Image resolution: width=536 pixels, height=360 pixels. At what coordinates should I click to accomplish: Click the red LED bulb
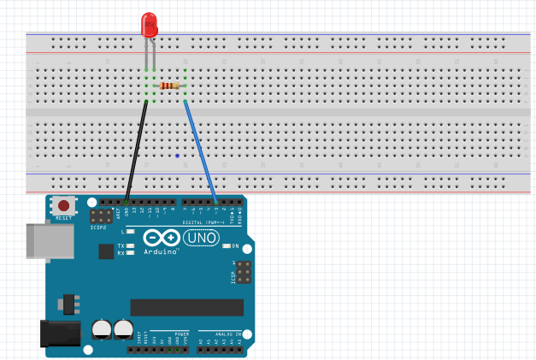(150, 24)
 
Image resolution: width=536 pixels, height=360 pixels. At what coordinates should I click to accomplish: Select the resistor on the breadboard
(170, 86)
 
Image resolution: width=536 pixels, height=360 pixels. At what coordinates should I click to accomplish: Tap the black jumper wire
(137, 150)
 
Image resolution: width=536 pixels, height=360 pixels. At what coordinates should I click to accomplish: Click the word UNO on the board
(202, 238)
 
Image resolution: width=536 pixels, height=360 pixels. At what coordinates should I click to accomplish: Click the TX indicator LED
(130, 245)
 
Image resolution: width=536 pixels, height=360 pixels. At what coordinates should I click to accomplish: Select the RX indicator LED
(130, 253)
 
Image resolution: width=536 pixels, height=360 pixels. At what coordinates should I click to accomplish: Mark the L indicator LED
(130, 232)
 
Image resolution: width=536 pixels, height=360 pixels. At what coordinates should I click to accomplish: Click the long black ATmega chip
(186, 307)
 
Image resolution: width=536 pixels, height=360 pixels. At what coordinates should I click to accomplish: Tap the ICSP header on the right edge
(244, 273)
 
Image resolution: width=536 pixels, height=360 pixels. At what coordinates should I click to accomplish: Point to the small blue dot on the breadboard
(177, 156)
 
